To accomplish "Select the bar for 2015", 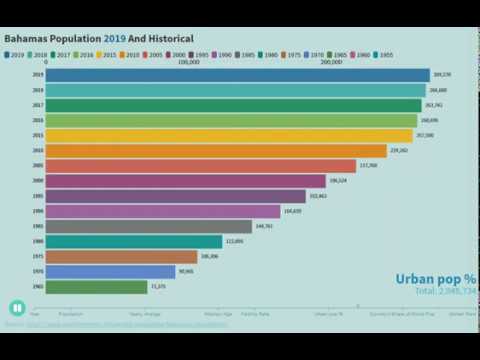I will tap(229, 135).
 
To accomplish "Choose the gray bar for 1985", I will tap(149, 226).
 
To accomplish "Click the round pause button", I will tap(17, 308).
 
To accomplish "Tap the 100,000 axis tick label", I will tap(189, 61).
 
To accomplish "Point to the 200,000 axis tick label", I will tap(331, 61).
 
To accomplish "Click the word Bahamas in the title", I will tap(28, 38).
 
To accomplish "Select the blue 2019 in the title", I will tap(115, 38).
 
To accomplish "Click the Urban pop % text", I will tap(435, 278).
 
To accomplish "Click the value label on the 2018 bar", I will tap(437, 90).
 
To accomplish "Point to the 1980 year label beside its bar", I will tap(37, 241).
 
